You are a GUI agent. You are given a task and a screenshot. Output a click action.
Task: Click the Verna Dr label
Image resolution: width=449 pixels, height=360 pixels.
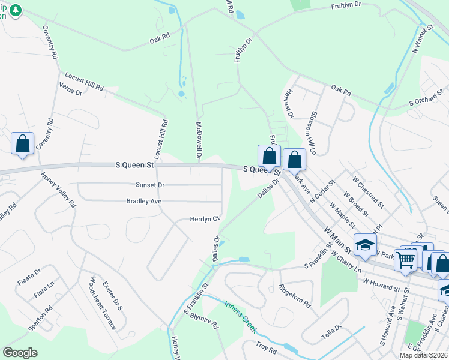click(x=71, y=91)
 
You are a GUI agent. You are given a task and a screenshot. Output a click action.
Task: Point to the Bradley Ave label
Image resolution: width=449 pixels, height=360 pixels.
click(x=144, y=202)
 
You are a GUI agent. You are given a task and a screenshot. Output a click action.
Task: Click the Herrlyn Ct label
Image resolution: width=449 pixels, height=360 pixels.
click(x=204, y=220)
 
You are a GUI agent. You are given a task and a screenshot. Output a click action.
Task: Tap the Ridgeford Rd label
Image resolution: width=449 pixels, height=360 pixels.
click(x=295, y=295)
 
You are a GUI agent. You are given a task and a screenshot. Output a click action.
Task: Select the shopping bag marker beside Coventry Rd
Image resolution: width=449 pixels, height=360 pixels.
click(x=22, y=143)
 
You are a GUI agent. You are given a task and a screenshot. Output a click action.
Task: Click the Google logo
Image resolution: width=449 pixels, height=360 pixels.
click(x=20, y=353)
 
